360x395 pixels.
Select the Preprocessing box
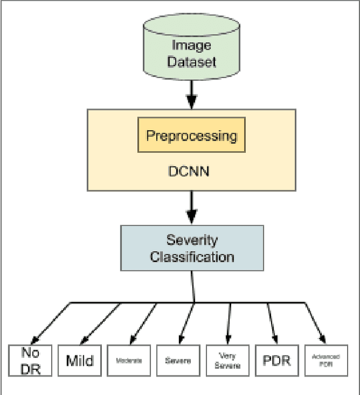coord(191,135)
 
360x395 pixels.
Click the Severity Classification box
coord(192,248)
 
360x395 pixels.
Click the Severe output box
coord(177,360)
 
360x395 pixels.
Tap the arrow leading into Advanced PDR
coord(315,323)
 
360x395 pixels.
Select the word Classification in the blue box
coord(192,257)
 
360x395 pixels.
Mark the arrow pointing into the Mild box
coord(101,323)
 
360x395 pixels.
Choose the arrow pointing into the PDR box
coord(271,323)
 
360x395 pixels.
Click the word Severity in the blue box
coord(192,240)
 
